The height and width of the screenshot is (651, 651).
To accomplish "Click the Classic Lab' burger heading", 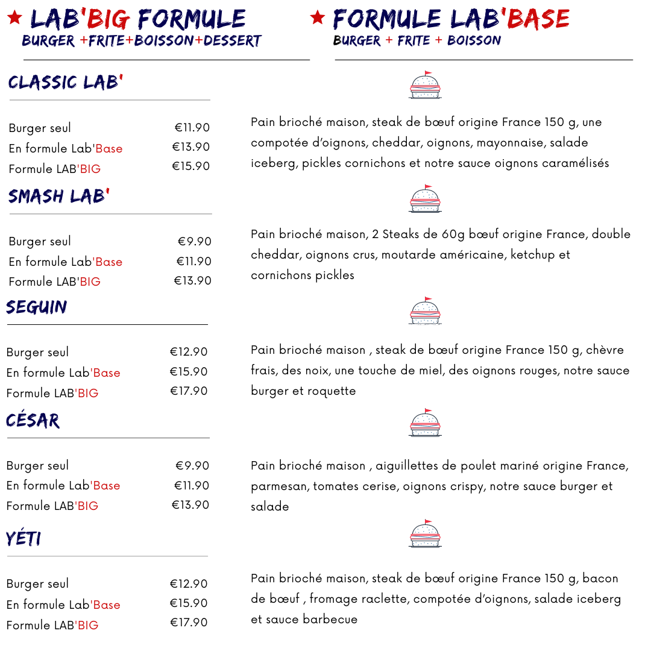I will (x=66, y=83).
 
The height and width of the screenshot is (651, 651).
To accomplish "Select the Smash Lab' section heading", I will (x=58, y=197).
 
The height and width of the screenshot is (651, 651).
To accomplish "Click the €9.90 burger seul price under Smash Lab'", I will (x=195, y=242).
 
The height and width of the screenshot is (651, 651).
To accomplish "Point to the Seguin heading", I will (x=37, y=307).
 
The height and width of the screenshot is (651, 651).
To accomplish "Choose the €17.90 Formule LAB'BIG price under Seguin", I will (x=189, y=391).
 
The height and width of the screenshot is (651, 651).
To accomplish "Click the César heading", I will (x=33, y=420).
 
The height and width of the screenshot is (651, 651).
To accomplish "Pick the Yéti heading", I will (x=24, y=538).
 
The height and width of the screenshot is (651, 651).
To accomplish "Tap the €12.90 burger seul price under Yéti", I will (x=189, y=584).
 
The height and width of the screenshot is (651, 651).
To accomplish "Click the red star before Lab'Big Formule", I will (x=15, y=18).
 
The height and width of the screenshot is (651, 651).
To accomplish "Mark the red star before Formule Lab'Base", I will (x=318, y=18).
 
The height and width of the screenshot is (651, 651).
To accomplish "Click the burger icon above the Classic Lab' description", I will (x=425, y=85).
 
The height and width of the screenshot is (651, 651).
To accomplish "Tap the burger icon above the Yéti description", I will (x=425, y=534).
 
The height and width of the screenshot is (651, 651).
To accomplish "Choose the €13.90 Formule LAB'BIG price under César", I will (x=190, y=505).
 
